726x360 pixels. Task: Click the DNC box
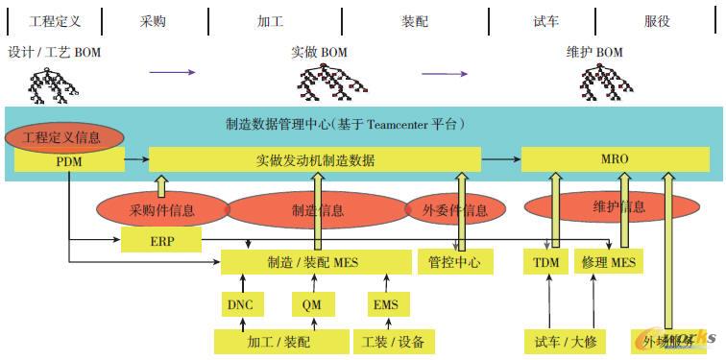point(240,304)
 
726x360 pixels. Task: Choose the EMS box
point(384,304)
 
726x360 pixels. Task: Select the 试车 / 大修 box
point(564,340)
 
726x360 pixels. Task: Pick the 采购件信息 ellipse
point(162,209)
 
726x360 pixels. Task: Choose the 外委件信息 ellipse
point(455,209)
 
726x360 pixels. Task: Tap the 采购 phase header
point(154,20)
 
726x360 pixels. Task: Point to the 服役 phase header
point(657,20)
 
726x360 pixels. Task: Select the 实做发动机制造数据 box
point(315,159)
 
